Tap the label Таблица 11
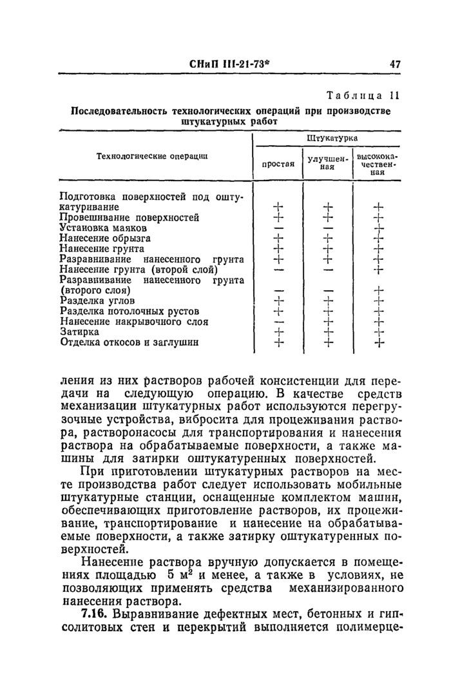coord(364,96)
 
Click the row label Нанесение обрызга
coord(105,238)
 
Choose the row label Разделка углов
coord(97,300)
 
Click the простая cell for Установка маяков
coord(278,228)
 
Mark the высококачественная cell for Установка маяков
coord(378,228)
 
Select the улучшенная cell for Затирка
coord(329,332)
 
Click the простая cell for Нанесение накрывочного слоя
coord(278,322)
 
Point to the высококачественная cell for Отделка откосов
coord(378,342)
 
